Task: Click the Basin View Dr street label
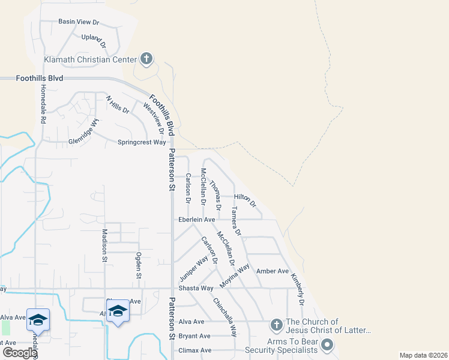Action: click(x=79, y=22)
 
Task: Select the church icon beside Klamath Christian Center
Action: click(x=146, y=59)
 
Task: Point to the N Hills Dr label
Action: click(x=118, y=104)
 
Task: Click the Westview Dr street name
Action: click(x=154, y=118)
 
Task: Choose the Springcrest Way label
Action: click(x=141, y=142)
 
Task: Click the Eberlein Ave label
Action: click(x=196, y=220)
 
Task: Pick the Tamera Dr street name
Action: click(x=237, y=220)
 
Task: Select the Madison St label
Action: click(x=104, y=245)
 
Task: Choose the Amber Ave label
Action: click(x=273, y=271)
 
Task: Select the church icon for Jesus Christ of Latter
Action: click(x=276, y=325)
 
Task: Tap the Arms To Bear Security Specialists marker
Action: click(x=327, y=345)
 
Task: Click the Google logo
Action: click(x=19, y=353)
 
